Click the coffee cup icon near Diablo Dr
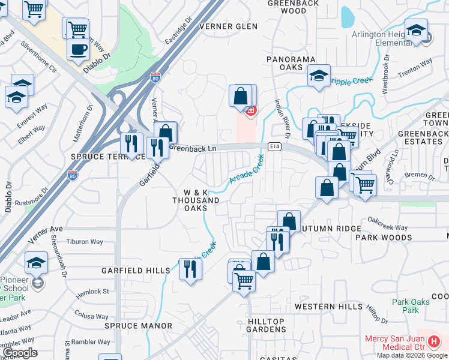[77, 49]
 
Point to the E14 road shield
[275, 146]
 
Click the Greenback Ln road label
[192, 147]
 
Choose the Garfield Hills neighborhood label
[136, 271]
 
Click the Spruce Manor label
[138, 326]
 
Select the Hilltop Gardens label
[267, 325]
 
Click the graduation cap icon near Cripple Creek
[319, 76]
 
